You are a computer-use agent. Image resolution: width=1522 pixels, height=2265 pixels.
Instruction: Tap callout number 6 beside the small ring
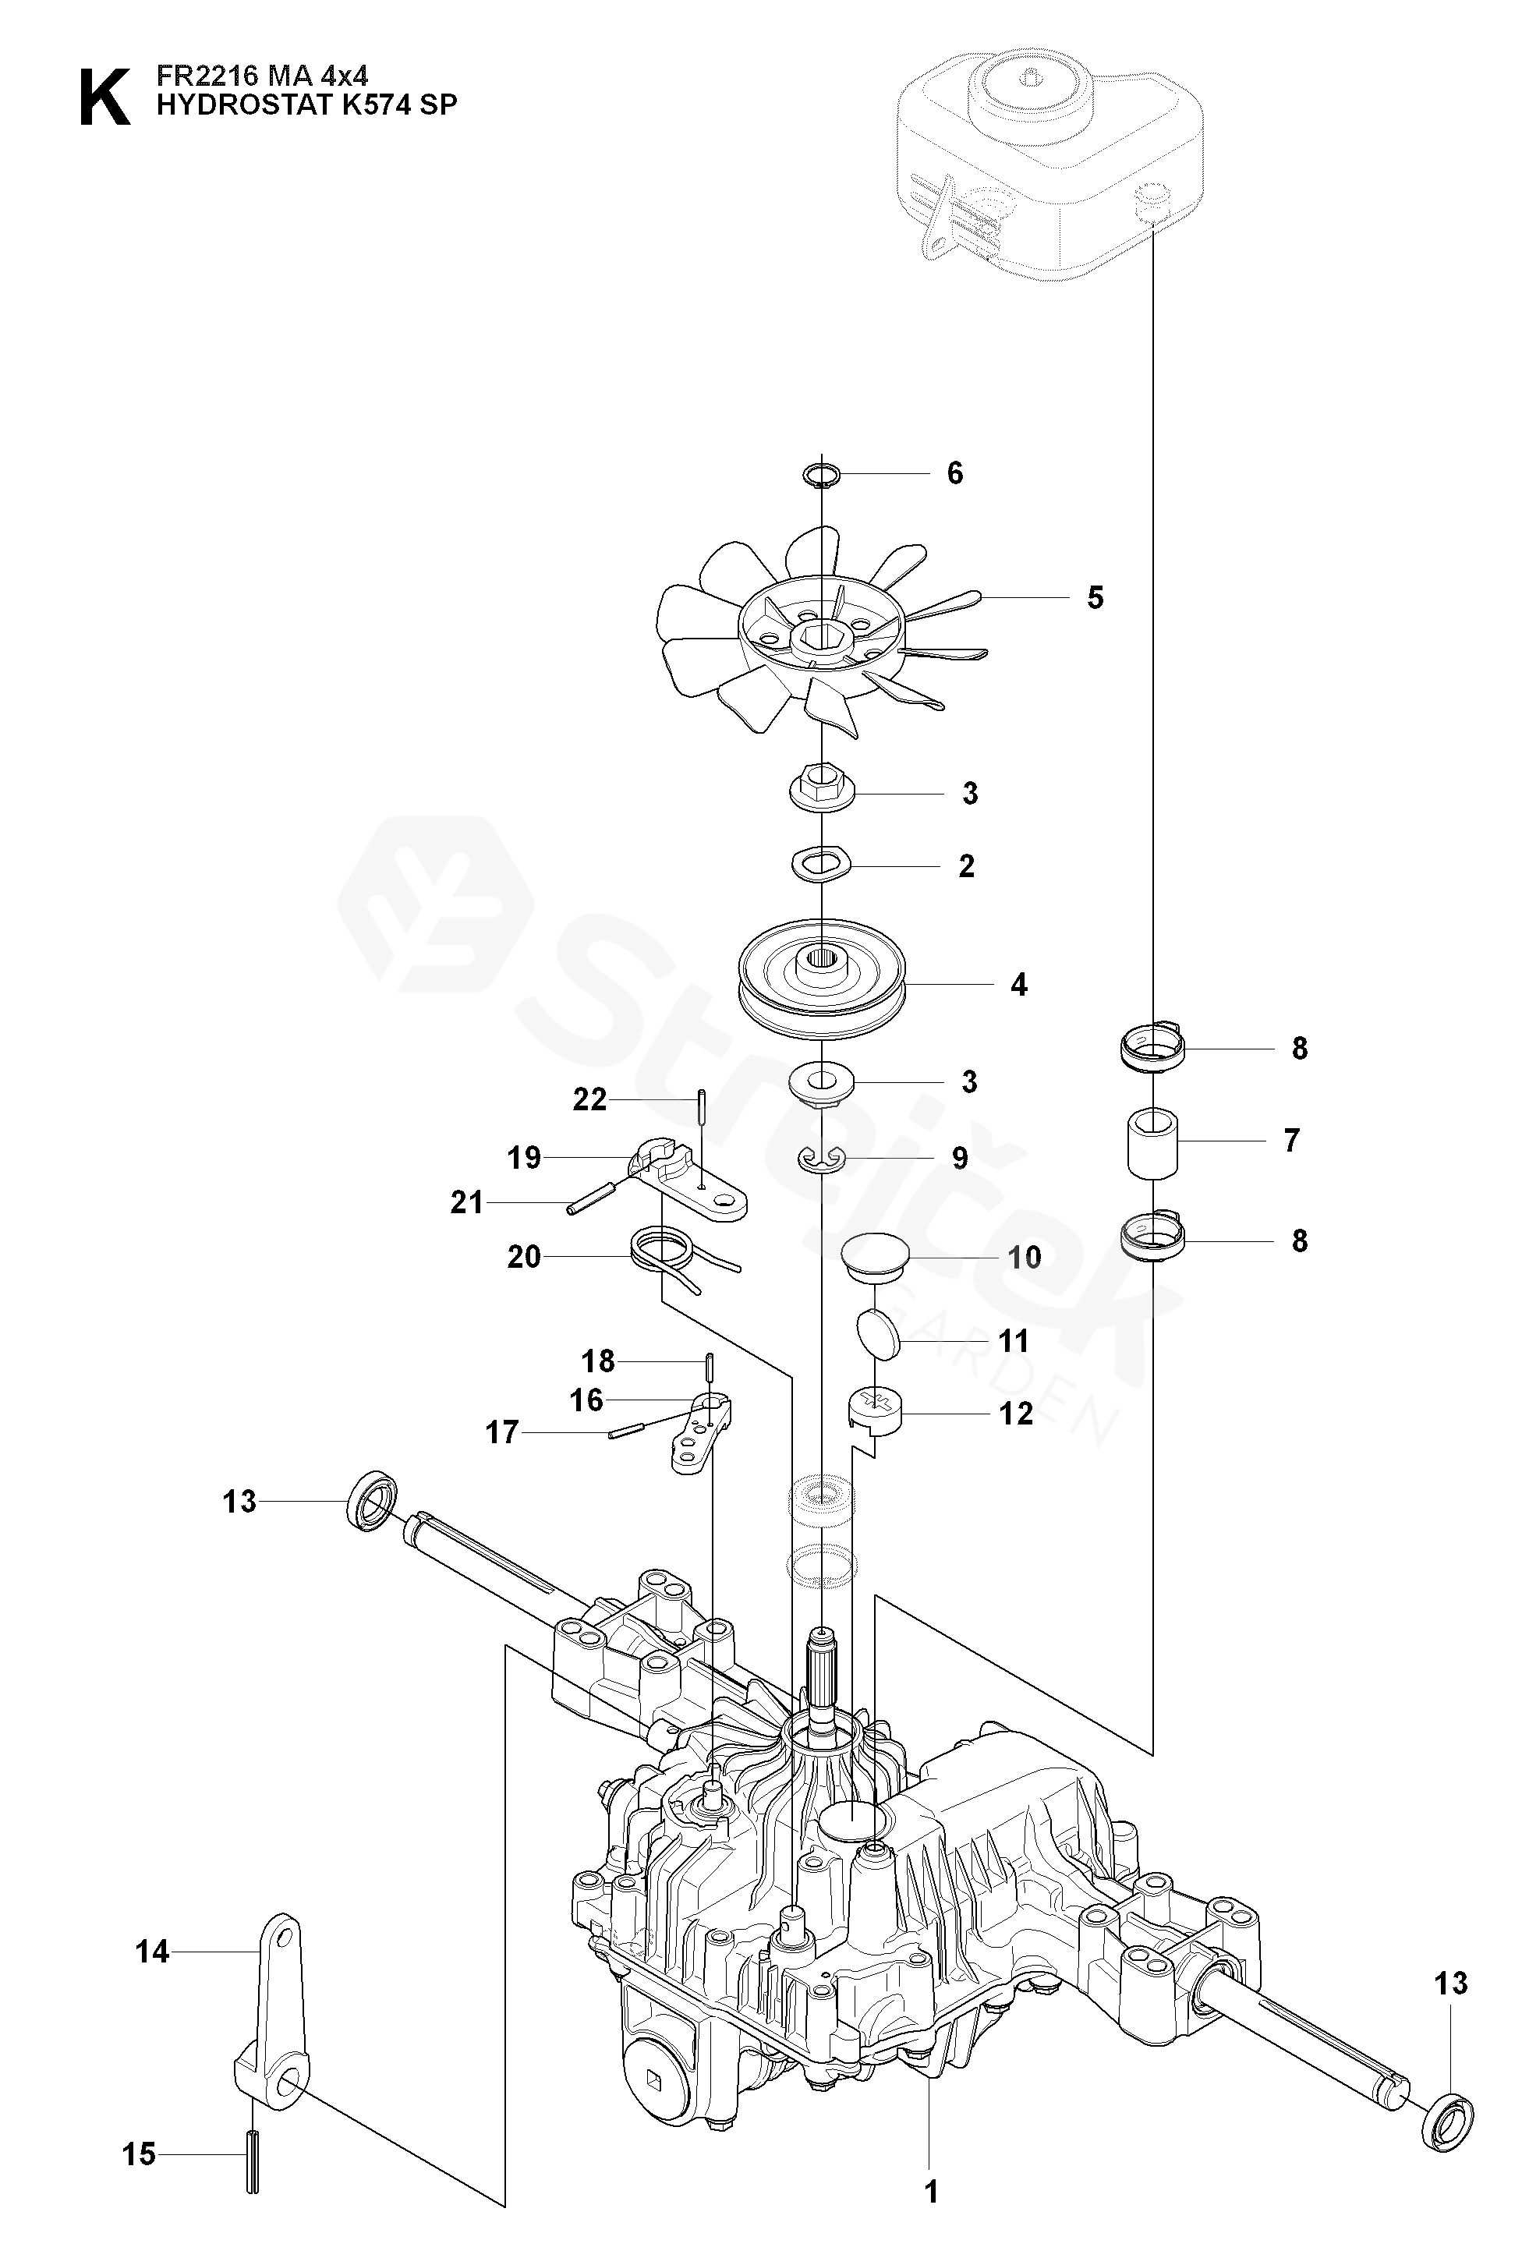(x=955, y=473)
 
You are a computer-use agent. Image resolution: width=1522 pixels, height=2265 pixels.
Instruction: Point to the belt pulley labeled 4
(x=821, y=982)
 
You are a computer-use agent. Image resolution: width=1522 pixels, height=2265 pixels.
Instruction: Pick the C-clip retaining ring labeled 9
(x=822, y=1158)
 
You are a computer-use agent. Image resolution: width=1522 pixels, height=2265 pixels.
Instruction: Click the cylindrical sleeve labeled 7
(x=1152, y=1141)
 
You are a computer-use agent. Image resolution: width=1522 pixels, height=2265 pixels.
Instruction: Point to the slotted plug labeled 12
(x=876, y=1413)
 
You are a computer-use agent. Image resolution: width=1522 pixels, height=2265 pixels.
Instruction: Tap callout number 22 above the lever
(x=589, y=1099)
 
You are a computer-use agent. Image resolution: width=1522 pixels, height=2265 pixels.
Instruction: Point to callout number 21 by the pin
(x=467, y=1202)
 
